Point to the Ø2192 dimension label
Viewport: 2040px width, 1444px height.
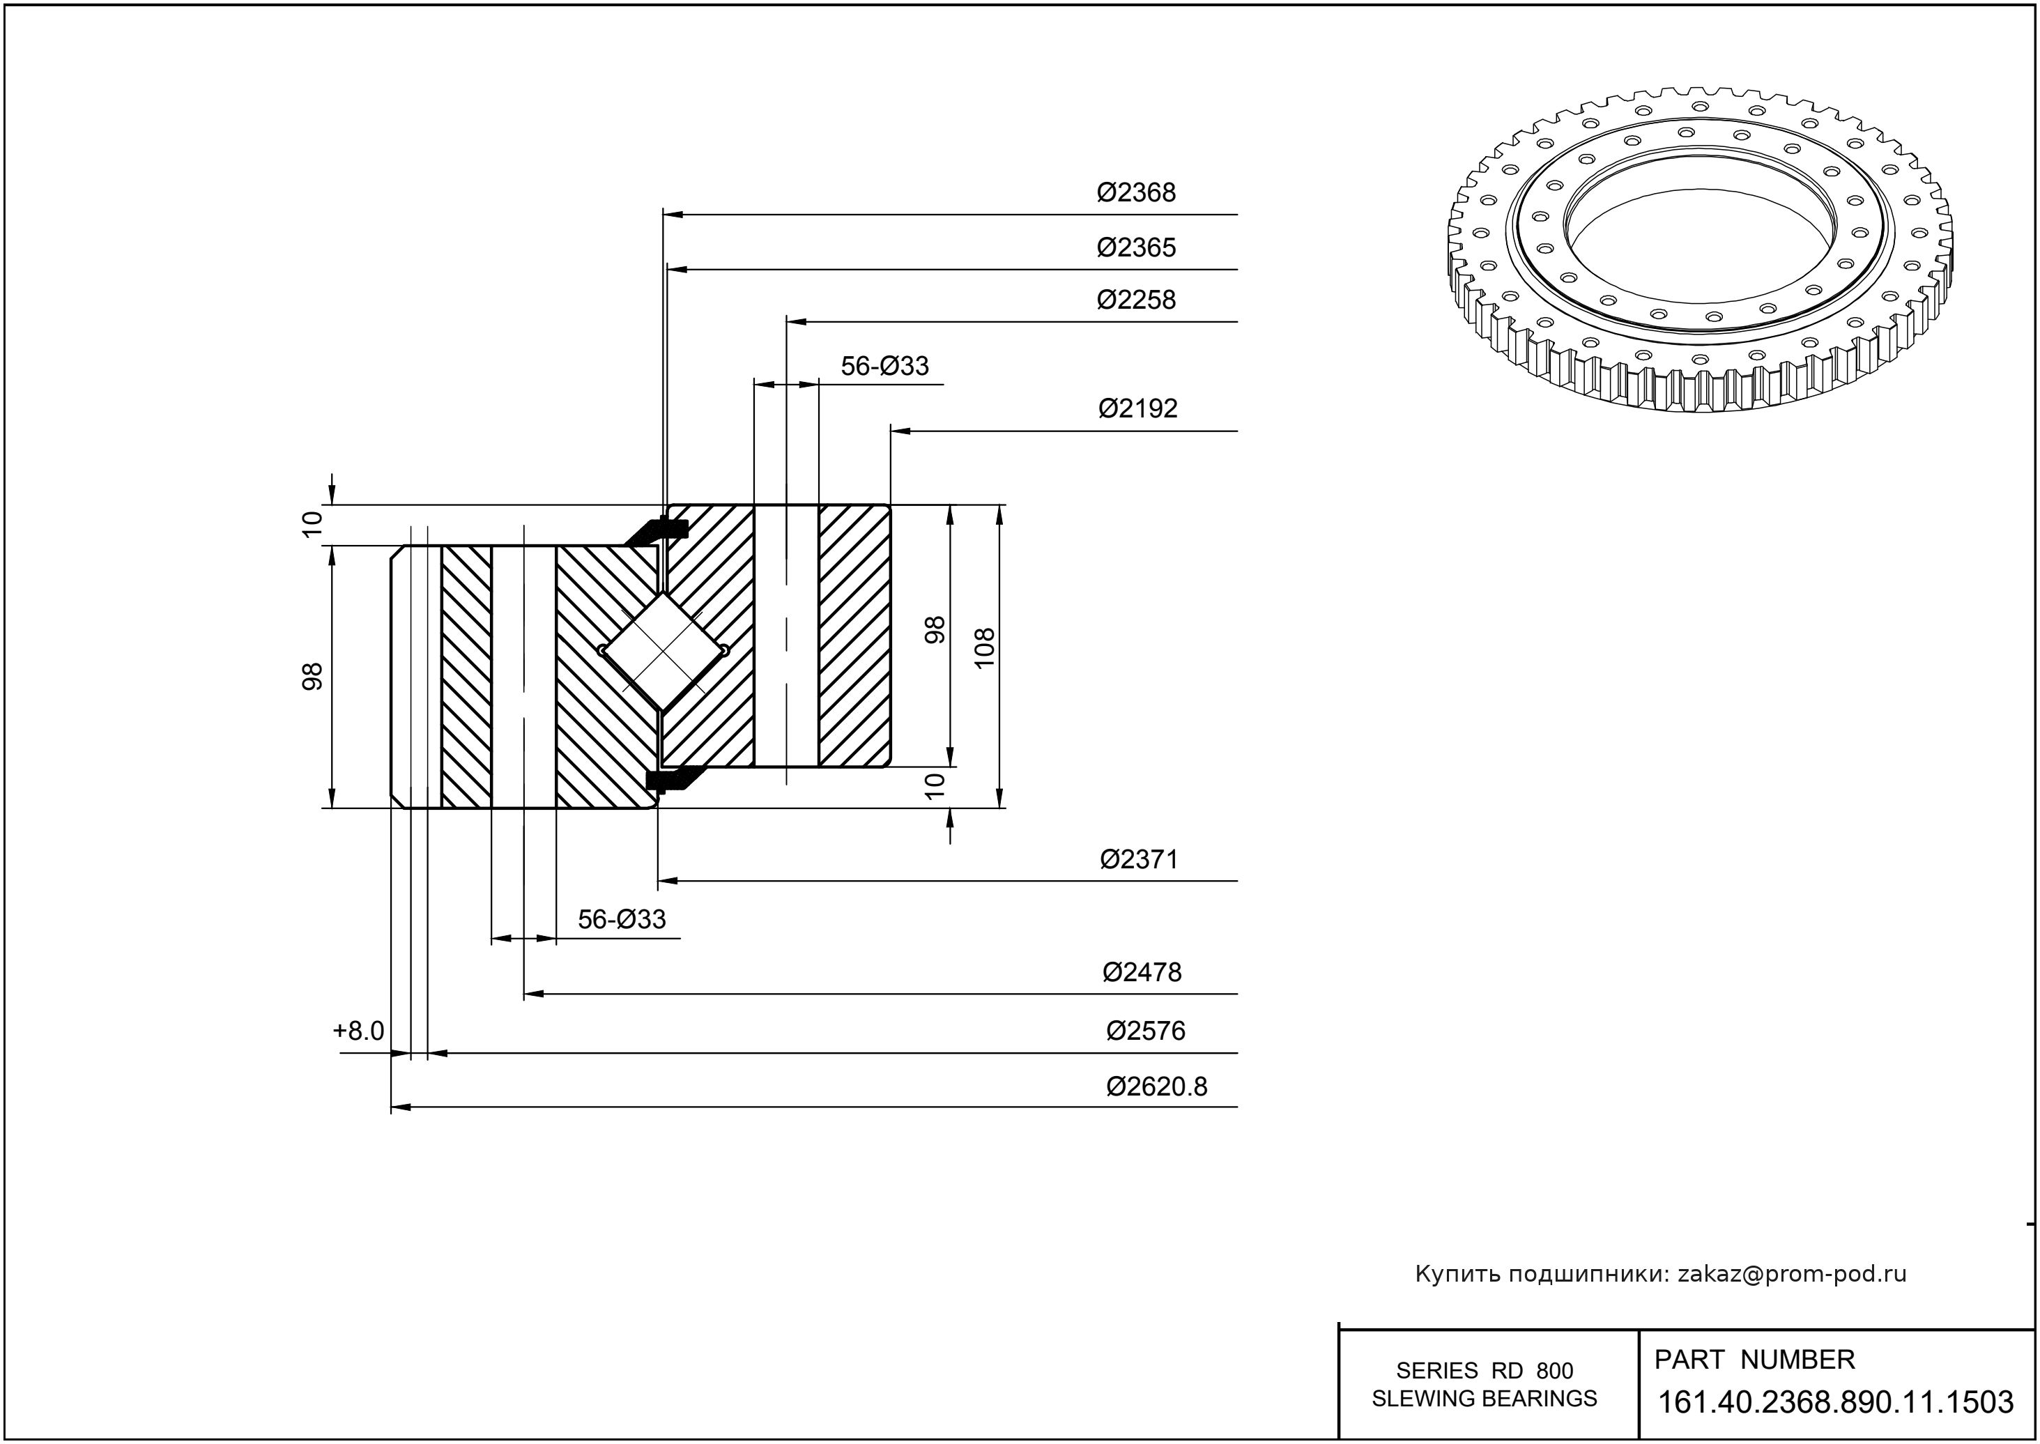click(x=1137, y=408)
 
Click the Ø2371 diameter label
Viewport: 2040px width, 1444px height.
click(x=1138, y=860)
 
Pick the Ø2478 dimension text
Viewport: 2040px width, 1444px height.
click(x=1142, y=973)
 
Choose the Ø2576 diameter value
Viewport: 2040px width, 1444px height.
click(x=1145, y=1031)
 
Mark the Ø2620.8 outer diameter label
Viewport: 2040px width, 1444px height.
click(x=1156, y=1086)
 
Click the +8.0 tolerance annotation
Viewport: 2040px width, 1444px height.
click(x=358, y=1031)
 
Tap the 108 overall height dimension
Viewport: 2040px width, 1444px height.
click(x=984, y=648)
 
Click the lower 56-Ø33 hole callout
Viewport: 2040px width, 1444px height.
click(x=622, y=919)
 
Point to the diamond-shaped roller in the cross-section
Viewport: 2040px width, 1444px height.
click(x=664, y=651)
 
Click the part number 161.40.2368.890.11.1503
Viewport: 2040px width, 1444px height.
click(x=1836, y=1402)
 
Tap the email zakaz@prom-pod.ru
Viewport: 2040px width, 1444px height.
click(x=1791, y=1274)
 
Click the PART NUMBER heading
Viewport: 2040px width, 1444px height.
click(x=1754, y=1360)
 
